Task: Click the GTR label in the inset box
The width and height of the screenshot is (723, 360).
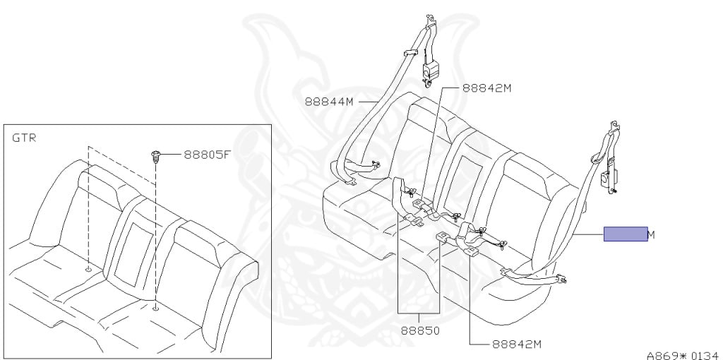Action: [x=24, y=138]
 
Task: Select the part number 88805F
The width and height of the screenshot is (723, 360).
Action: [x=208, y=154]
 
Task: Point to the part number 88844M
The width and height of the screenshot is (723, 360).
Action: [x=328, y=101]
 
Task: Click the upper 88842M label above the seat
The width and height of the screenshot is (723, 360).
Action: [x=486, y=88]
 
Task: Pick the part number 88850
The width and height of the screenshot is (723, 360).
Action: [x=419, y=328]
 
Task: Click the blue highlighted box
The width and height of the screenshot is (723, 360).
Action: [x=625, y=234]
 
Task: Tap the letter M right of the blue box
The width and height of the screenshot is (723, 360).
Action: [x=651, y=234]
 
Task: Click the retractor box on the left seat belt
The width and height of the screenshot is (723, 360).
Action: [x=429, y=72]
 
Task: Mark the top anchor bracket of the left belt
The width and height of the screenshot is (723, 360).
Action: [x=429, y=41]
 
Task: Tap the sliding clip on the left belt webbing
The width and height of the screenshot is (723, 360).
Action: [x=410, y=54]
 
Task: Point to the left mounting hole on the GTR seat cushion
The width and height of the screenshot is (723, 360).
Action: [x=88, y=269]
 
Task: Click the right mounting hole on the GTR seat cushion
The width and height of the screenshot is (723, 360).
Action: [x=155, y=306]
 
